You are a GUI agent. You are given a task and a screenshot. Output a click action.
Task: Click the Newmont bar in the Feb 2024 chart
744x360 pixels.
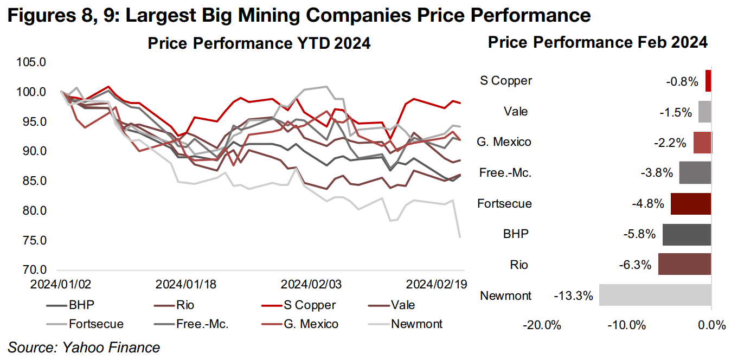click(655, 295)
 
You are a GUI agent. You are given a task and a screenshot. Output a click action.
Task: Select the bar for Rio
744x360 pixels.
click(684, 265)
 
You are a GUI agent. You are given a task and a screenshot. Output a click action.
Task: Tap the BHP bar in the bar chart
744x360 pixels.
click(686, 234)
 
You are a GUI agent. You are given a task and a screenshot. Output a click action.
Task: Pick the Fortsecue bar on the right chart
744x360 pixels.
click(690, 204)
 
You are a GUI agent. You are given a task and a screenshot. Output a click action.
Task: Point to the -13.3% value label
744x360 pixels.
click(573, 296)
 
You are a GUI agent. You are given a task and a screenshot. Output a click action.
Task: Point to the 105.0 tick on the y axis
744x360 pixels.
click(30, 62)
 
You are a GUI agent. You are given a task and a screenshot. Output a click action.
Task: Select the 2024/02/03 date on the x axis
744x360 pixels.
click(311, 284)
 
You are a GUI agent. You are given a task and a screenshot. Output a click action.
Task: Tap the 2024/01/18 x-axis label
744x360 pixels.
click(186, 284)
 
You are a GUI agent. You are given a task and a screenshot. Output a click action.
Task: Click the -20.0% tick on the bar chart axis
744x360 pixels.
click(542, 325)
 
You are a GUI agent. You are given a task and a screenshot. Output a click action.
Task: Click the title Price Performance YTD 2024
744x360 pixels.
click(259, 43)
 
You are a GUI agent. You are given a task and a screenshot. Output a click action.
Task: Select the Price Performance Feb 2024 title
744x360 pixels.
click(598, 42)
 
